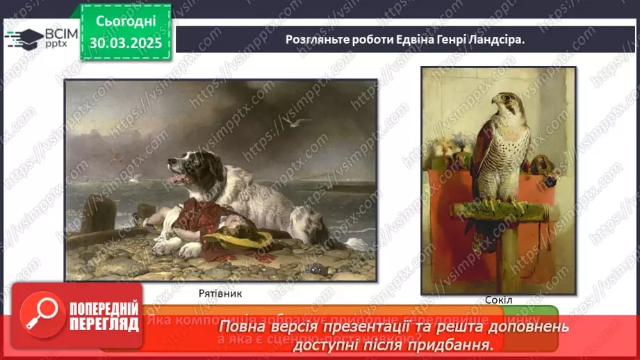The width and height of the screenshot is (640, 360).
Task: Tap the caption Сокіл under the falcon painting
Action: point(498,300)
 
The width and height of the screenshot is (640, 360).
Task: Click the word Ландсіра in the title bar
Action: point(495,40)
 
